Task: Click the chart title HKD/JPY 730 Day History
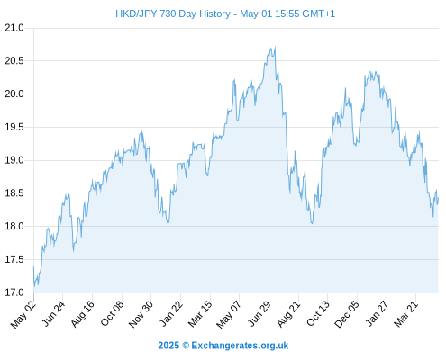coord(173,13)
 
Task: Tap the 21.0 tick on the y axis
coord(14,28)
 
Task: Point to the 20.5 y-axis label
coord(14,61)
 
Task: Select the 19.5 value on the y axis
coord(14,127)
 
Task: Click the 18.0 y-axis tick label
coord(14,226)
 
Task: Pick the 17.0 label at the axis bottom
coord(14,292)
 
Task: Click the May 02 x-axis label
coord(23,314)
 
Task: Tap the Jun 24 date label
coord(53,313)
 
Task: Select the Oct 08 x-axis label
coord(112,313)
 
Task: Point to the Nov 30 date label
coord(141,314)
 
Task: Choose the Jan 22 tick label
coord(171,313)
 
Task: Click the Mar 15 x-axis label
coord(200,314)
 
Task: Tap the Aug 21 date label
coord(288,314)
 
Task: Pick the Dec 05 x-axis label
coord(347,314)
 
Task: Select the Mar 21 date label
coord(406,314)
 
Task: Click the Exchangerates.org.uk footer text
coord(240,346)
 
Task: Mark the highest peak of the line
coord(275,47)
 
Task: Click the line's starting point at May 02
coord(33,266)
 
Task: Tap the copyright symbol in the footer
coord(186,346)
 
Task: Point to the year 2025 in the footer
coord(168,346)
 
